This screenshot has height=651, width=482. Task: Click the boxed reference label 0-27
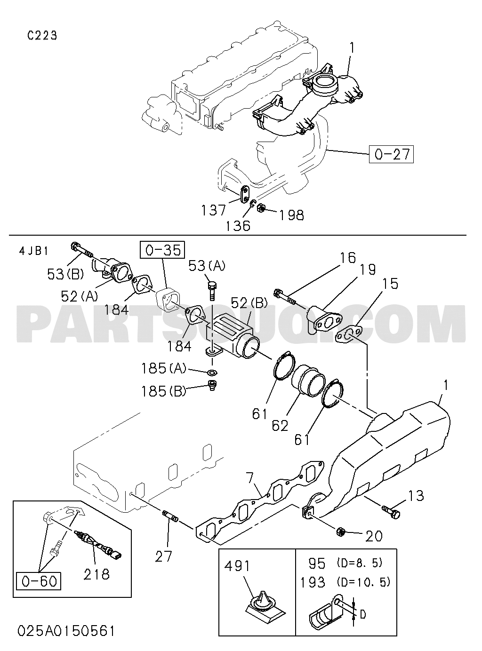391,154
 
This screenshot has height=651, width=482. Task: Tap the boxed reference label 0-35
164,251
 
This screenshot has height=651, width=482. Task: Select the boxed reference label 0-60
39,581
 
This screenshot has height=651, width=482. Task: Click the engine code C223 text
42,36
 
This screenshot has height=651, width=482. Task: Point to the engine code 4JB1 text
33,251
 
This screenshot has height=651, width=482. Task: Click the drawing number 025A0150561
66,629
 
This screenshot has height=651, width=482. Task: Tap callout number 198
291,215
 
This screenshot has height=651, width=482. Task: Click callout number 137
213,210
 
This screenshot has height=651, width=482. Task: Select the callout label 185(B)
164,391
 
